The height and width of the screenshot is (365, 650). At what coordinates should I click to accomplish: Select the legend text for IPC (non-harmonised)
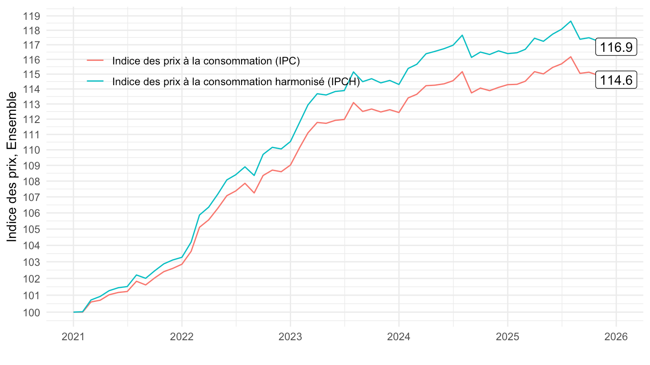(206, 61)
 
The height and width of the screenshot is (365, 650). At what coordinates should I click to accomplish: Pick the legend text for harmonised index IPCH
(236, 82)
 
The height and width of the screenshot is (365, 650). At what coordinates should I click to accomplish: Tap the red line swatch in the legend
(95, 61)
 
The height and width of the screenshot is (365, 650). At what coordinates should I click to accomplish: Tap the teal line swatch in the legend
(95, 82)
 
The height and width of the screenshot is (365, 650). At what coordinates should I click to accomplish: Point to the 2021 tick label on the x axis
(73, 338)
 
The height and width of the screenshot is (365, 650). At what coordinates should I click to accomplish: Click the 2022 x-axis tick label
(181, 338)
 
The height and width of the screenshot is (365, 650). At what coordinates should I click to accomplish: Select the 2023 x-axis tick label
(290, 338)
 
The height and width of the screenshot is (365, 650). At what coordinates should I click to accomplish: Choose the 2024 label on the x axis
(399, 338)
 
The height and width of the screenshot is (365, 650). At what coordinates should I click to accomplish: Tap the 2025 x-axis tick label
(507, 338)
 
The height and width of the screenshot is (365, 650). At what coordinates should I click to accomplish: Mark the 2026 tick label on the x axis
(616, 338)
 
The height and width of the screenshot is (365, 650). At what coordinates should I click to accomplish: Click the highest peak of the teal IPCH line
(571, 21)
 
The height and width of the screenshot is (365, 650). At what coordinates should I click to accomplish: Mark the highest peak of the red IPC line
(571, 57)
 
